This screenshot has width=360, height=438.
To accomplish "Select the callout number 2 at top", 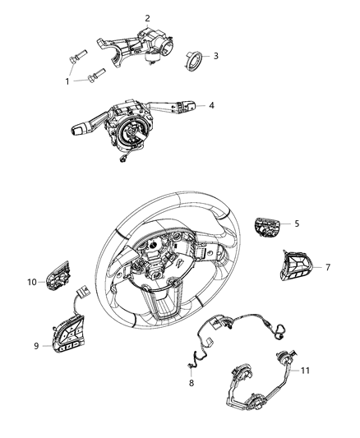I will [x=147, y=18].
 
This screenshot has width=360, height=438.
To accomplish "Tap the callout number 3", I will [x=215, y=56].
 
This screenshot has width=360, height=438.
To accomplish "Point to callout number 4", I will [x=211, y=105].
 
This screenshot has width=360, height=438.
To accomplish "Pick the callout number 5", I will [x=297, y=223].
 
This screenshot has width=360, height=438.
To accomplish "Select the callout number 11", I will [x=305, y=371].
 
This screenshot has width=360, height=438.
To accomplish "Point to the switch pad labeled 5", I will [x=267, y=225].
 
